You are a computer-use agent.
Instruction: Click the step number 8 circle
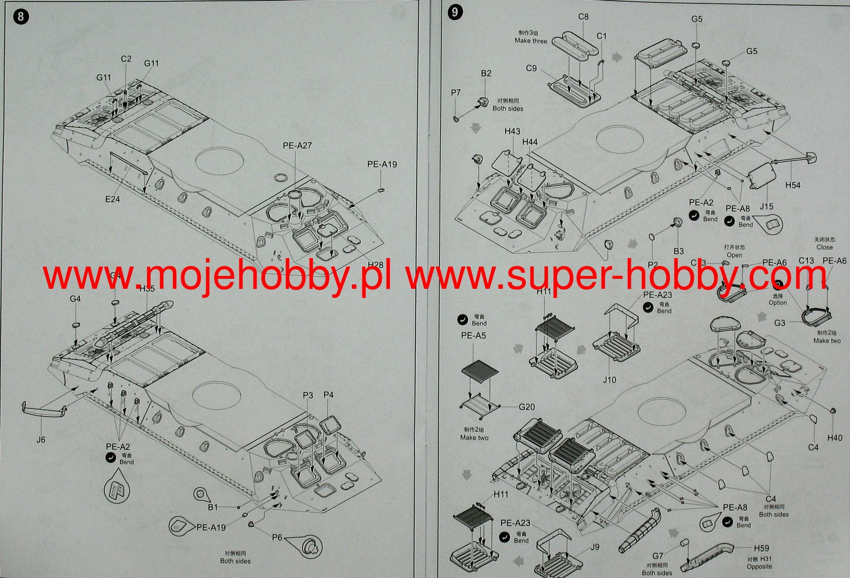click(x=21, y=17)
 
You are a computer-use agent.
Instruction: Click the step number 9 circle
click(x=455, y=12)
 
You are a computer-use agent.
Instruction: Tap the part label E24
click(x=112, y=199)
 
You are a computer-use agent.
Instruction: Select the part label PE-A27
click(x=297, y=145)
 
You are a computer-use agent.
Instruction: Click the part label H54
click(x=793, y=185)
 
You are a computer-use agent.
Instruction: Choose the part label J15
click(x=766, y=206)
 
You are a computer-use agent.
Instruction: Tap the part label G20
click(x=527, y=407)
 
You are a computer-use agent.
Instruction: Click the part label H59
click(x=762, y=548)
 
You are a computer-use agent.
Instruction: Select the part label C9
click(x=531, y=68)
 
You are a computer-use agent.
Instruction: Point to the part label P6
click(x=277, y=537)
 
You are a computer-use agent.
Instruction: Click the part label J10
click(x=610, y=379)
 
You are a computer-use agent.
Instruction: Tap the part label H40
click(x=835, y=438)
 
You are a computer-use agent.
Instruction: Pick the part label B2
click(x=486, y=73)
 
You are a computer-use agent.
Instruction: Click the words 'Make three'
click(x=531, y=41)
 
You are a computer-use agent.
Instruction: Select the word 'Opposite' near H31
click(x=760, y=566)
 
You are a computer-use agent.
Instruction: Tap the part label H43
click(x=512, y=131)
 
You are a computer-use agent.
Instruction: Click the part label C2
click(x=126, y=59)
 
